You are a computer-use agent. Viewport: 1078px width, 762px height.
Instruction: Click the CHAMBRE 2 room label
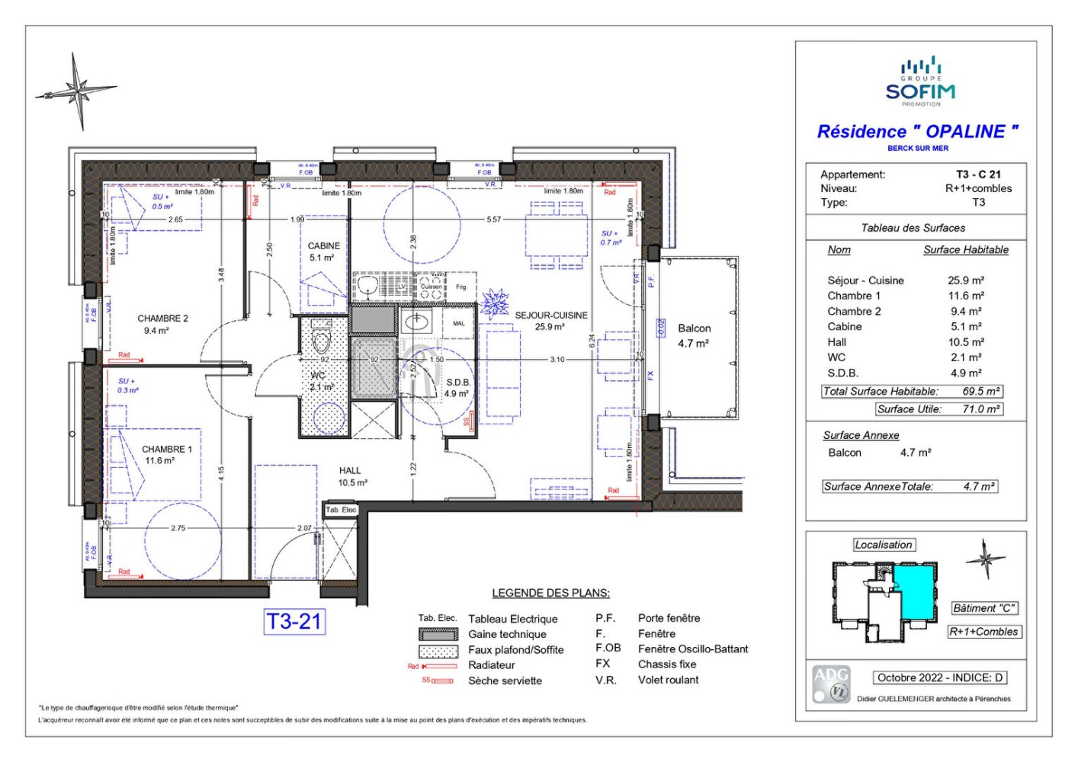(x=162, y=319)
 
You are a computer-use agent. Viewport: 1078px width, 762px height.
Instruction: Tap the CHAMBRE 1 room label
(x=166, y=450)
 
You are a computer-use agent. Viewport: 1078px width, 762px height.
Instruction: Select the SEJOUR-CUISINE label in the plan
(x=550, y=315)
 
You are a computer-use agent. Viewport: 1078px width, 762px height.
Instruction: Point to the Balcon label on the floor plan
(x=694, y=328)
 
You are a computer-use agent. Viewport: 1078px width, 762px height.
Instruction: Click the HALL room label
(x=350, y=471)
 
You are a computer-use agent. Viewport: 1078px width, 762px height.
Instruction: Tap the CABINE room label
(x=323, y=246)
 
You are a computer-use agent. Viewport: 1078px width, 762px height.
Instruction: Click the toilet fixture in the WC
(x=321, y=341)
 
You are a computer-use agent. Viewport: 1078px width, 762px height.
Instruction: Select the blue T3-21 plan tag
(x=294, y=622)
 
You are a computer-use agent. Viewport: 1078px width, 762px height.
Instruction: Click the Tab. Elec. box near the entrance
(x=340, y=510)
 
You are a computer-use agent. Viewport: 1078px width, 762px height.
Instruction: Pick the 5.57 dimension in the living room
(x=494, y=219)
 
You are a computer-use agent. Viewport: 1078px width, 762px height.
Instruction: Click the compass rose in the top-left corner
(x=76, y=91)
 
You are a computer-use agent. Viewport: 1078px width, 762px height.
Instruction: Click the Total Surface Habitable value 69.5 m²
(x=981, y=391)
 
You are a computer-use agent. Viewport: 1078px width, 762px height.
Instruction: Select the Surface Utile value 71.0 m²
(x=981, y=409)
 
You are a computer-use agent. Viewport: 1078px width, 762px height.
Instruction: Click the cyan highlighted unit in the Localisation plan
(x=917, y=591)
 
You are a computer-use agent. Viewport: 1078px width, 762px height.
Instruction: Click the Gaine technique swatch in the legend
(x=438, y=634)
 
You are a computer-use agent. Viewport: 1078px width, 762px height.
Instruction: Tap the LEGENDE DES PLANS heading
(x=550, y=593)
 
